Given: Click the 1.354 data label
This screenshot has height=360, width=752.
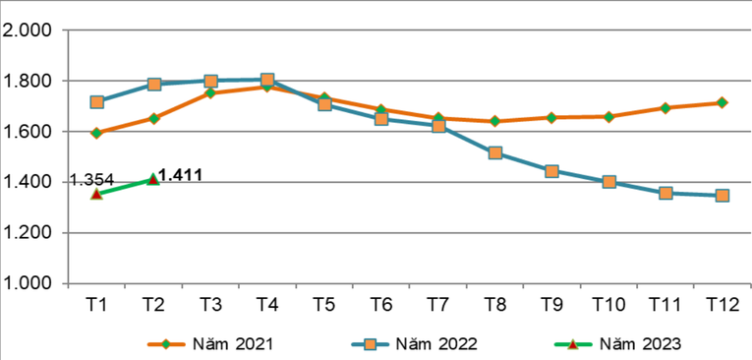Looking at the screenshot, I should click(91, 180).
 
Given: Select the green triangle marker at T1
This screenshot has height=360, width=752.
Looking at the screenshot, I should click(96, 194).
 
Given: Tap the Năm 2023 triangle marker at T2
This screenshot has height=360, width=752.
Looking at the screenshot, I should click(153, 179).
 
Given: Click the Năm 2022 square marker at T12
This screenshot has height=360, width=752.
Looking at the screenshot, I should click(723, 196).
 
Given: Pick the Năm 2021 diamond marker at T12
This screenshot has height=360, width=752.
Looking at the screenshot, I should click(723, 102).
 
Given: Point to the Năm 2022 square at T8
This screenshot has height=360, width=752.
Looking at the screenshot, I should click(494, 153).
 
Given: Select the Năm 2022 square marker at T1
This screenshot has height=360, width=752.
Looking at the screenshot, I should click(96, 102).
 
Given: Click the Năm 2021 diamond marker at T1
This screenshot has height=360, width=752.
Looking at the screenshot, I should click(96, 133).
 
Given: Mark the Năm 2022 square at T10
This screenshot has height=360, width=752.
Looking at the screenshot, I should click(608, 182).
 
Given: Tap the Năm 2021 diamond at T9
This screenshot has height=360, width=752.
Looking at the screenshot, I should click(551, 117).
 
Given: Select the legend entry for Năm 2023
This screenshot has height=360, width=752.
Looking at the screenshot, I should click(618, 343).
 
